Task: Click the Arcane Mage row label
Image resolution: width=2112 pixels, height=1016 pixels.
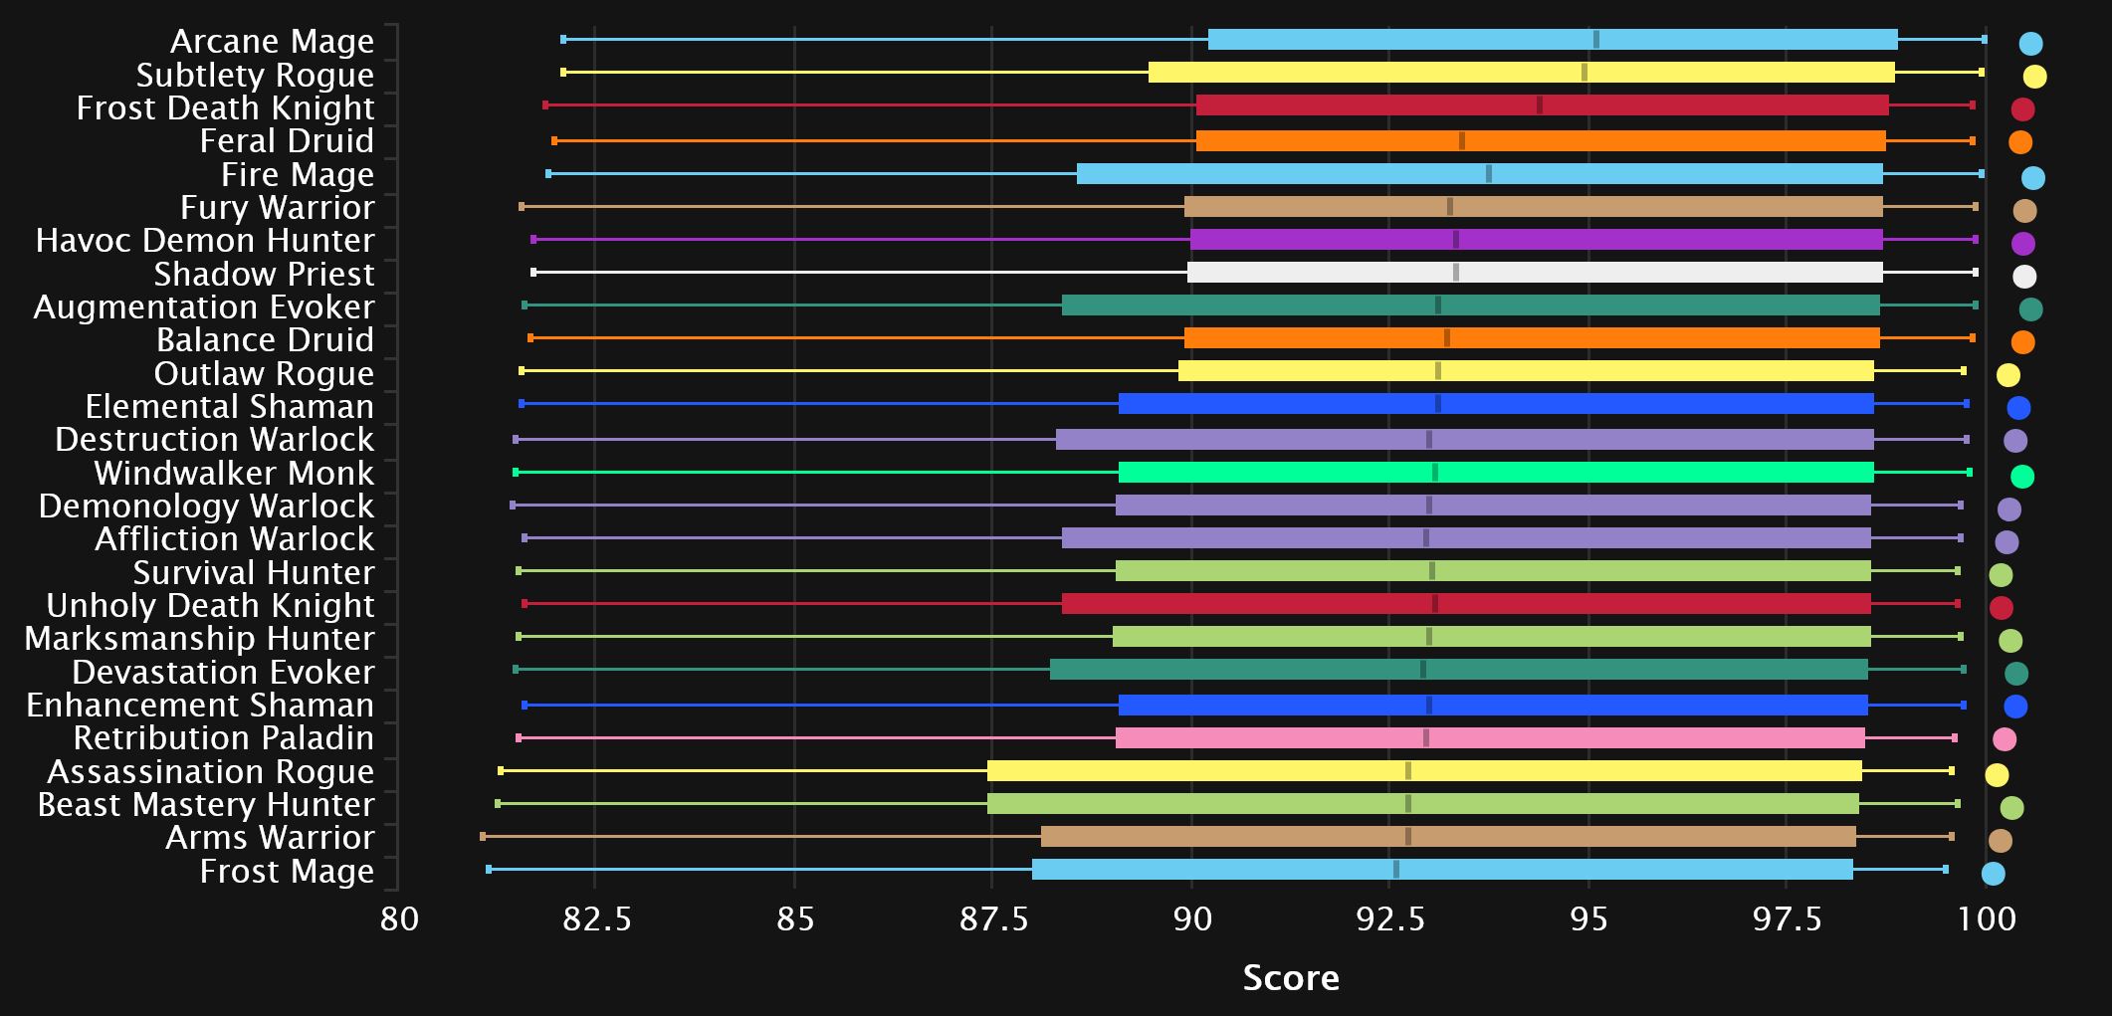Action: [272, 42]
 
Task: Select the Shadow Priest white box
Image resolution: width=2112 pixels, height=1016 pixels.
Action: [1534, 273]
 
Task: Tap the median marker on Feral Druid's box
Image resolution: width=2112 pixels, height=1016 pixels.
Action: [1462, 141]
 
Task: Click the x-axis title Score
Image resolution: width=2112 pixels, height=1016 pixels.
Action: [1291, 978]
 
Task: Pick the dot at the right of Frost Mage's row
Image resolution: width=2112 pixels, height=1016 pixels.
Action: [1993, 874]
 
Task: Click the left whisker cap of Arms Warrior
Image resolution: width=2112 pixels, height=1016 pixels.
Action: [483, 837]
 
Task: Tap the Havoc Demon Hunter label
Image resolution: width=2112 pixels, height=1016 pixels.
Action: [205, 241]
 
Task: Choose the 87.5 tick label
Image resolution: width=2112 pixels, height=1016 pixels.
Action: [993, 917]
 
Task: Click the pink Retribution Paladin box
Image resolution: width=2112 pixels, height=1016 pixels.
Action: [1489, 738]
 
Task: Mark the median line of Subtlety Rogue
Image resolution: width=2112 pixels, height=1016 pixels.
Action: [1584, 73]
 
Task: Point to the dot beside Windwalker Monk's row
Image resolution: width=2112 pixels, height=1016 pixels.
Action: [2021, 477]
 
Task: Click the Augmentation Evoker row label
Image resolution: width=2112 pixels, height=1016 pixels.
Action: [204, 307]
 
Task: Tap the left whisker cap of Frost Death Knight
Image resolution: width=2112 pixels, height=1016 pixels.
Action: [545, 105]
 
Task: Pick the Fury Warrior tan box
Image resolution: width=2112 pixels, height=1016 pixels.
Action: [1533, 207]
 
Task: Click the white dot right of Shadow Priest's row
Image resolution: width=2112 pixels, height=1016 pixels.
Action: [2023, 277]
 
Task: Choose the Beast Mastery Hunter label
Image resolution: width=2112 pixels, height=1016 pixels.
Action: [206, 805]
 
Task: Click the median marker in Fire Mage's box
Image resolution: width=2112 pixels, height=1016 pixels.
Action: [1489, 174]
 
